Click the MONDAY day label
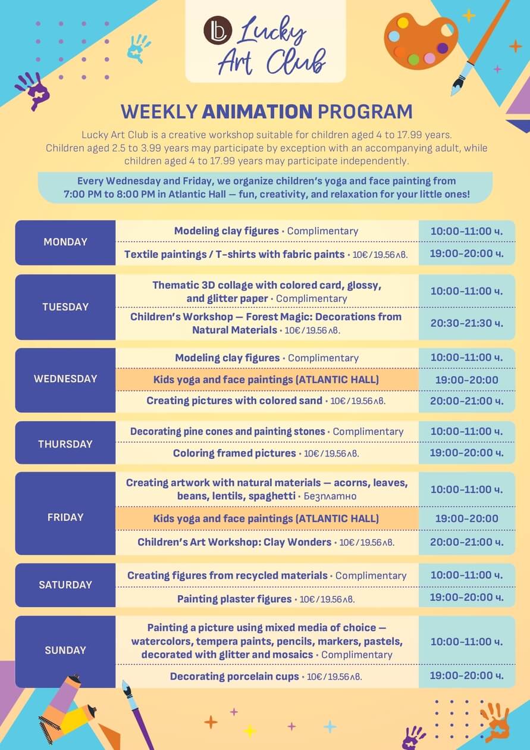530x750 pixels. click(65, 242)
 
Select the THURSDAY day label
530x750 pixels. click(65, 444)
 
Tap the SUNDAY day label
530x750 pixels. click(65, 650)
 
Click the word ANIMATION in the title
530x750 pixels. click(257, 111)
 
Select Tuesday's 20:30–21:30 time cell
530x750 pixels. click(466, 323)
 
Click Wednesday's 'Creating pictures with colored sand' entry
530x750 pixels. click(234, 401)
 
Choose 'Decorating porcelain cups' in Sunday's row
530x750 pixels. click(234, 676)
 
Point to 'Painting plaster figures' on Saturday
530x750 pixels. click(234, 599)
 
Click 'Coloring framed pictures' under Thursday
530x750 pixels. click(234, 454)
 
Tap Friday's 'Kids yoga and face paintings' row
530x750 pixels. click(266, 518)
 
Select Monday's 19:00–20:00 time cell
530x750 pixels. click(466, 254)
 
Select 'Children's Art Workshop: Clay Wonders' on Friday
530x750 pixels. click(234, 542)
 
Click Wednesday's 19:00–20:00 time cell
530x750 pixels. click(466, 380)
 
